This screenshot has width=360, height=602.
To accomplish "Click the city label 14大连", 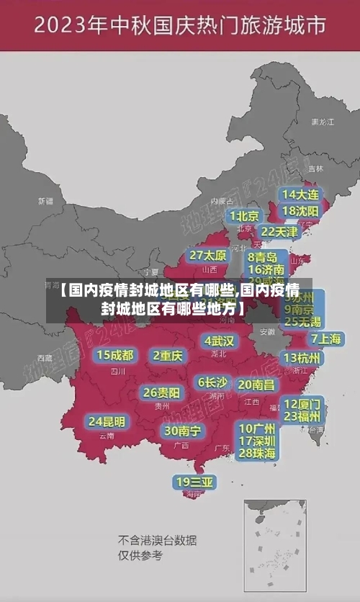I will pyautogui.click(x=300, y=194).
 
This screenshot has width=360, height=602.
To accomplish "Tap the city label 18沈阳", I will pyautogui.click(x=300, y=211).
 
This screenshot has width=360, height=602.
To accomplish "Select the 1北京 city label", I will pyautogui.click(x=245, y=215).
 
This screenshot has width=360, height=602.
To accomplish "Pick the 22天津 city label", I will pyautogui.click(x=279, y=232).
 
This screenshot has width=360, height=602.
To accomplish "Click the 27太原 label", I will pyautogui.click(x=208, y=255).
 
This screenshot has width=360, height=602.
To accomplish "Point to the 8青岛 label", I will pyautogui.click(x=263, y=256).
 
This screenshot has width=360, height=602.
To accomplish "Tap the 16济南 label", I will pyautogui.click(x=266, y=270).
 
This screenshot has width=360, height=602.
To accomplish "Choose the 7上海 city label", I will pyautogui.click(x=325, y=338).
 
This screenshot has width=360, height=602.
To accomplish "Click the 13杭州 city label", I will pyautogui.click(x=302, y=358).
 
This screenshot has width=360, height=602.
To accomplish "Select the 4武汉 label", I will pyautogui.click(x=219, y=340).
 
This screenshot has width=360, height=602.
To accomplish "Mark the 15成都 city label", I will pyautogui.click(x=115, y=354).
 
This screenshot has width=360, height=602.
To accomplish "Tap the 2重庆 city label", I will pyautogui.click(x=168, y=355).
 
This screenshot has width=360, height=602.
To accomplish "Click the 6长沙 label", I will pyautogui.click(x=212, y=382).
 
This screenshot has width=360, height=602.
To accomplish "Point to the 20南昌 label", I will pyautogui.click(x=256, y=385).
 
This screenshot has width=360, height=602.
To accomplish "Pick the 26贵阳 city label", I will pyautogui.click(x=161, y=392).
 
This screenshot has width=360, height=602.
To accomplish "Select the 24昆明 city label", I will pyautogui.click(x=107, y=421).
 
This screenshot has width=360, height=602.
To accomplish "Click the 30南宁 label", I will pyautogui.click(x=182, y=431).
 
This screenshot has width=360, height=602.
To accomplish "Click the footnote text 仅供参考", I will pyautogui.click(x=140, y=555).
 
